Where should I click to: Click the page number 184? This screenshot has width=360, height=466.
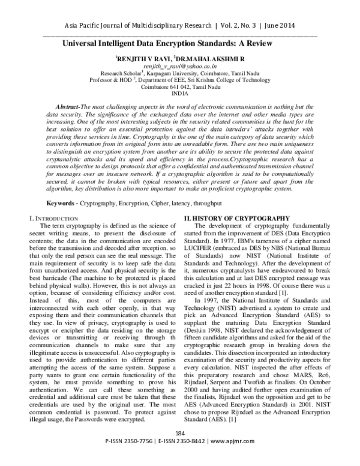coord(180,450)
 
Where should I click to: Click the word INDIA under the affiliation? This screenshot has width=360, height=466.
coord(179,112)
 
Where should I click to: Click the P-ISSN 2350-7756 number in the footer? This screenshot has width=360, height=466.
coord(128,458)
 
